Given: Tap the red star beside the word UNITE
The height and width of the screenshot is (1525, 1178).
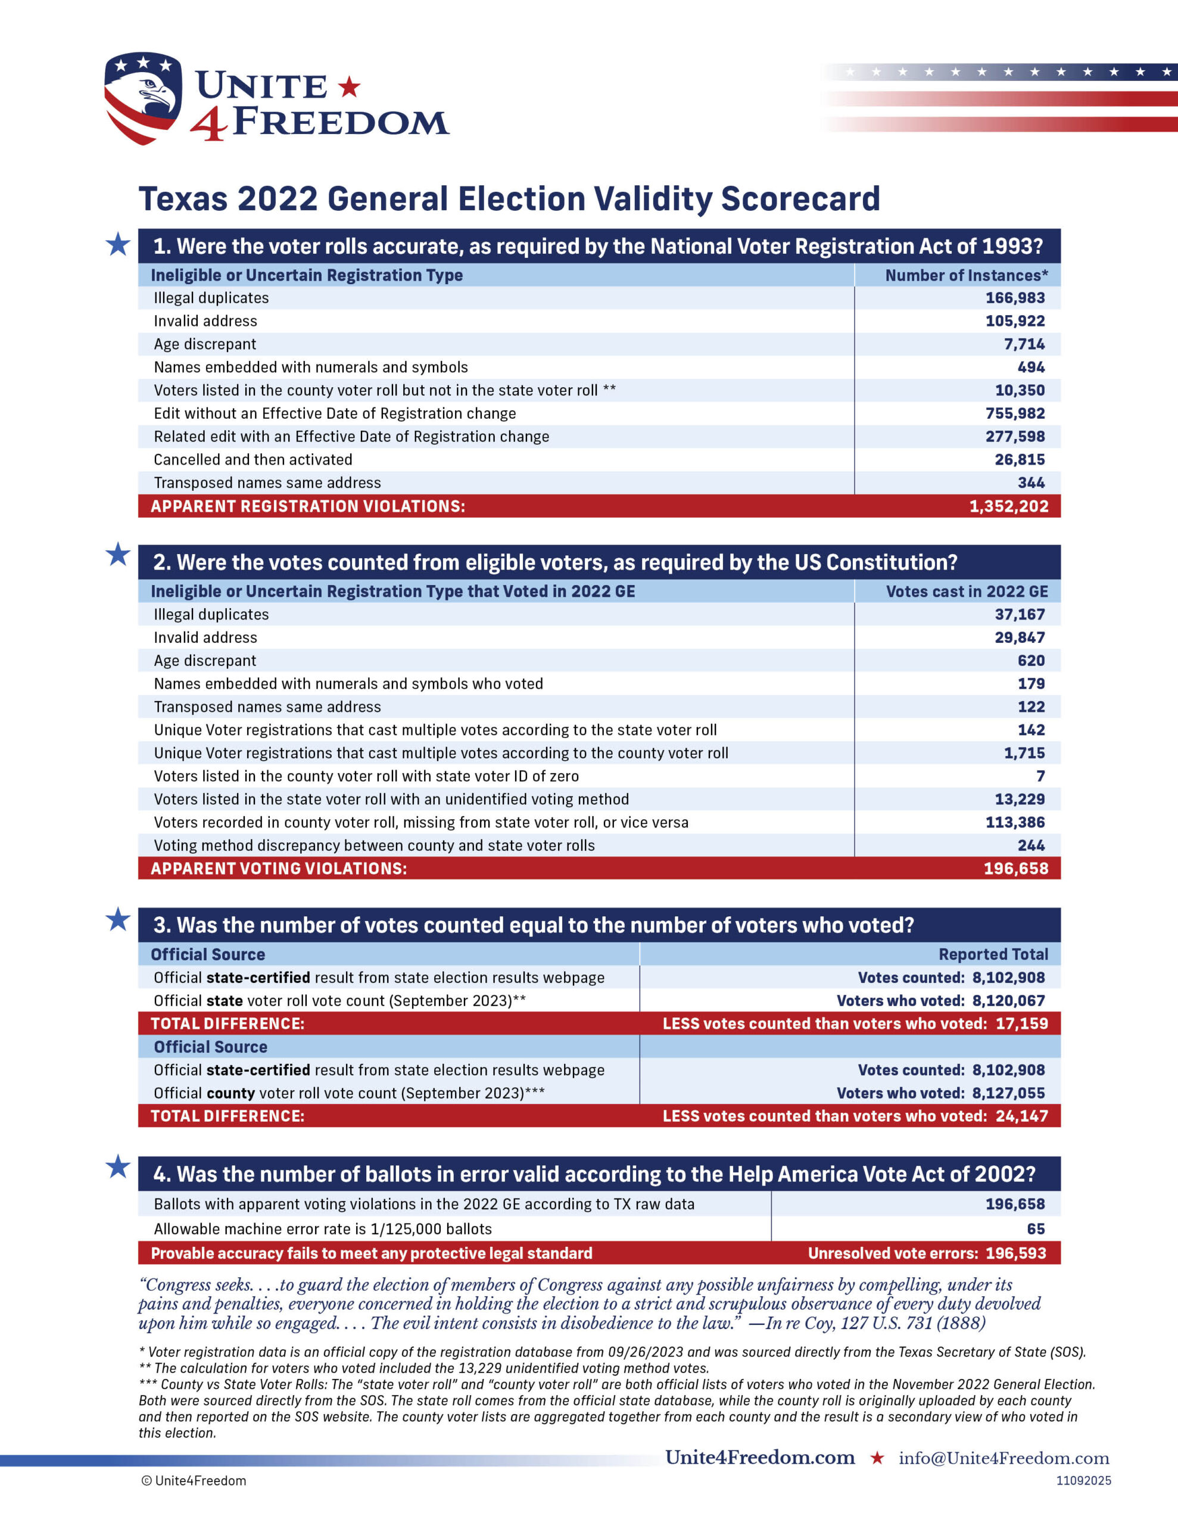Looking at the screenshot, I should (349, 88).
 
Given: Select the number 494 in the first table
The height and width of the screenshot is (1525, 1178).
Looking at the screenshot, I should (1031, 368).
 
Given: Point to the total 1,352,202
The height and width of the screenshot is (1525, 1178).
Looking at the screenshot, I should (1008, 506).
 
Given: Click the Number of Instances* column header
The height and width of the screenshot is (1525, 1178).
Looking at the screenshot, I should (967, 275).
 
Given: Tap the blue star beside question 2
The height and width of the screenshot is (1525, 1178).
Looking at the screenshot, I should (118, 555).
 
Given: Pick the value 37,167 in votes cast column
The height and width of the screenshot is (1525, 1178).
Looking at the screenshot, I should (1020, 615).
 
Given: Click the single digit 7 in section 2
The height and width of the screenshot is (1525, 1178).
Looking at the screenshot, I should (1040, 776).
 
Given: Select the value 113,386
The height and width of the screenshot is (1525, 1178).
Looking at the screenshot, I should (1015, 823).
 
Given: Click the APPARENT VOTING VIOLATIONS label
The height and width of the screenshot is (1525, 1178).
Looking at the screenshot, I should (279, 869).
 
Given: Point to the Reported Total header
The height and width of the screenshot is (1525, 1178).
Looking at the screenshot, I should (993, 954).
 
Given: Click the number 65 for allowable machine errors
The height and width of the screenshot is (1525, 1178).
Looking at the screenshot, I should (1036, 1229).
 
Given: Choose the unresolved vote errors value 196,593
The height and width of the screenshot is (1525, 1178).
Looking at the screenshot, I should (1015, 1253).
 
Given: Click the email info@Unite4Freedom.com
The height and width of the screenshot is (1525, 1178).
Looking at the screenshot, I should (1004, 1458).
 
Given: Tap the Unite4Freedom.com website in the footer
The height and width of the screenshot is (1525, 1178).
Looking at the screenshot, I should (760, 1457).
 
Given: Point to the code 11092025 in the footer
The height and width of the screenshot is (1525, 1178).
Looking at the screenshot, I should (1083, 1480).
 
